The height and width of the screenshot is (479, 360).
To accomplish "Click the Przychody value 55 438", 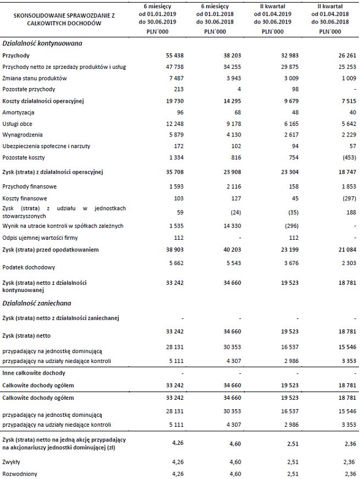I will tap(176, 56).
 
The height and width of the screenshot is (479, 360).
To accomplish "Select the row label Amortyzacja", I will tap(18, 112).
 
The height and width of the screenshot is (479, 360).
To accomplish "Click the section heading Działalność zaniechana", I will tap(37, 302).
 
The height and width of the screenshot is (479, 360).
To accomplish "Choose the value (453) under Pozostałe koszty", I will tap(347, 157).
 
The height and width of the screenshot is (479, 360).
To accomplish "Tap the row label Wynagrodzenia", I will tap(22, 134).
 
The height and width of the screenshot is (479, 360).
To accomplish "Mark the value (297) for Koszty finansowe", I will tap(347, 197).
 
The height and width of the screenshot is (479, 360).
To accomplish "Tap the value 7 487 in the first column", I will tap(178, 78).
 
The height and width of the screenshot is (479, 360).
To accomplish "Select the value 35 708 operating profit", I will tap(176, 172).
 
